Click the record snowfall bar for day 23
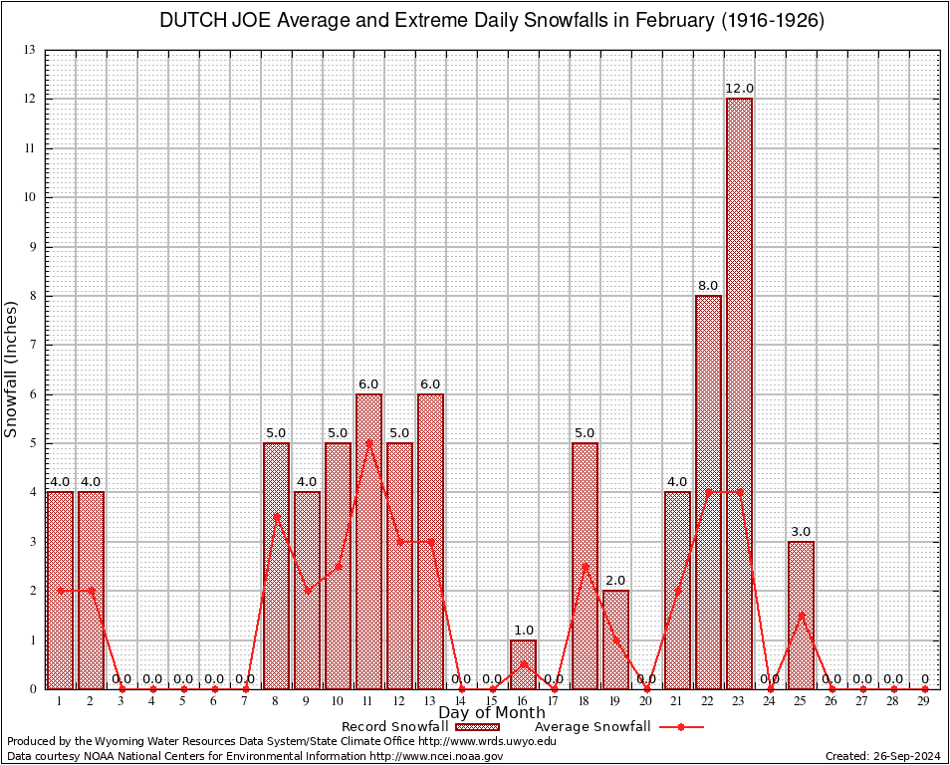click(x=739, y=393)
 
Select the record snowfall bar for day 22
click(x=708, y=492)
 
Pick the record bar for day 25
click(x=801, y=615)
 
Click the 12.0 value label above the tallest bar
click(x=739, y=89)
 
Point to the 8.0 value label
click(x=708, y=286)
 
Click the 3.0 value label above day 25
click(x=801, y=532)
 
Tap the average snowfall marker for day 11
click(x=368, y=443)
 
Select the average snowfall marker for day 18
click(x=585, y=566)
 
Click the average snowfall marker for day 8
click(x=276, y=517)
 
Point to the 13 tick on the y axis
click(x=30, y=50)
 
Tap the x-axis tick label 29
click(x=924, y=702)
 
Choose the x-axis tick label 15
click(x=492, y=702)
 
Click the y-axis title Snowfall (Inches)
click(x=12, y=369)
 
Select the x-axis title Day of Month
click(x=491, y=713)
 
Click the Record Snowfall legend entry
click(x=394, y=727)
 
